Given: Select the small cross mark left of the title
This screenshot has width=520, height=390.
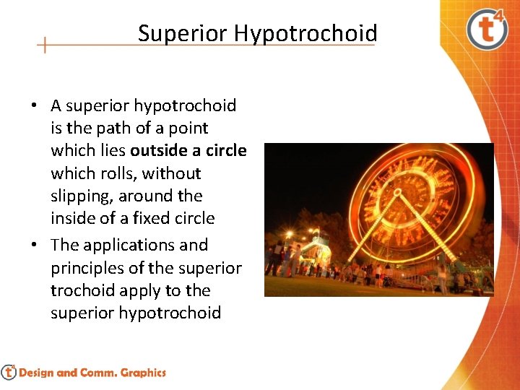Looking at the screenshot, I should point(45,45).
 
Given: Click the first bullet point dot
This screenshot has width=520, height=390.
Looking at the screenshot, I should point(33,106).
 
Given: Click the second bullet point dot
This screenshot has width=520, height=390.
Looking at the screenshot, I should point(33,246).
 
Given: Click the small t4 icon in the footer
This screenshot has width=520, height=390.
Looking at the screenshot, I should point(9,372).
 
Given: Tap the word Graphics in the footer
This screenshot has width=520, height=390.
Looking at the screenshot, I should point(143,373).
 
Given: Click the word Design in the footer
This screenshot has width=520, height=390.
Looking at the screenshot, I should point(36,373).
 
